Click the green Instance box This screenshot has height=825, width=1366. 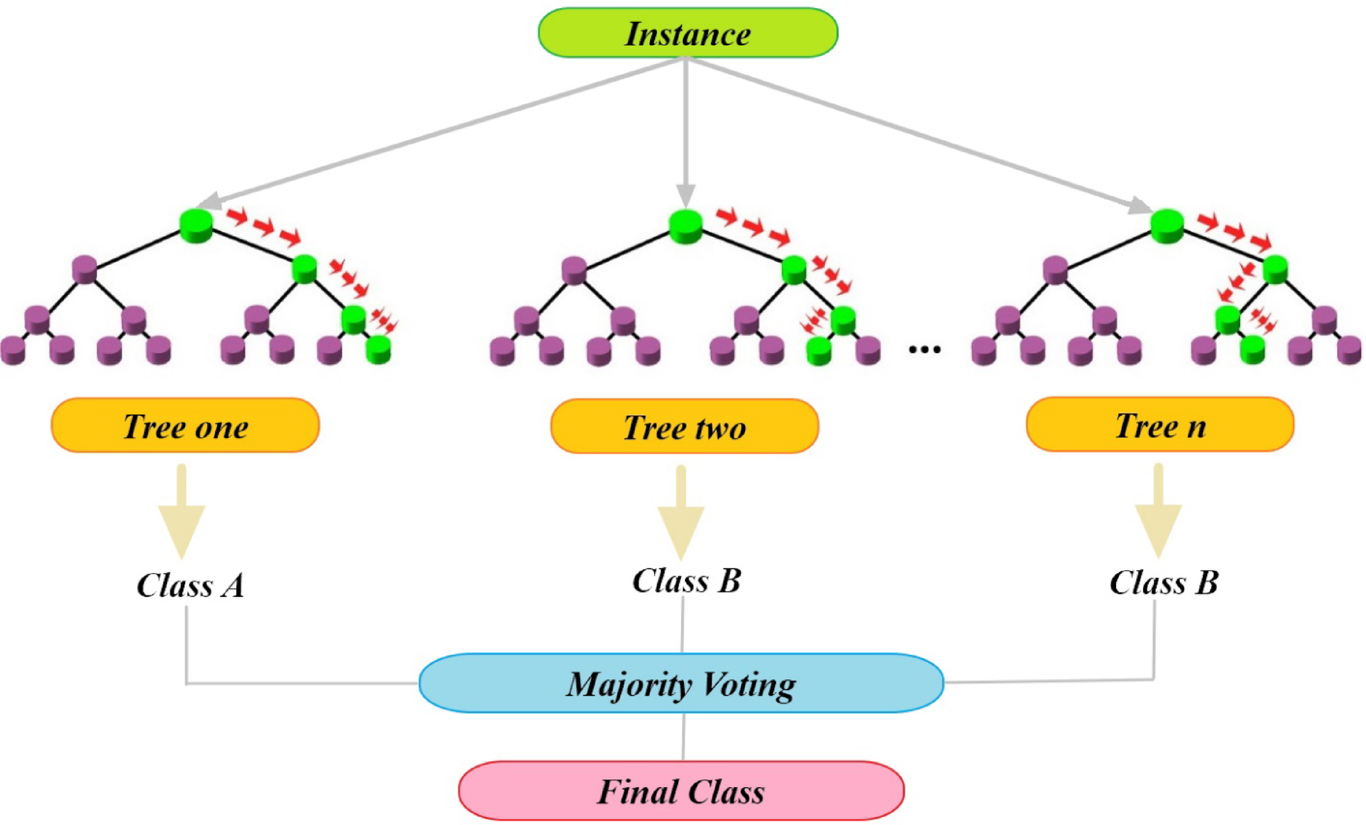[x=687, y=33]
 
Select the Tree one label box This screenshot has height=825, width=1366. [x=185, y=426]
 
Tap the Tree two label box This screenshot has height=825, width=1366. [x=684, y=427]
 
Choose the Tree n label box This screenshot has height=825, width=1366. [x=1160, y=425]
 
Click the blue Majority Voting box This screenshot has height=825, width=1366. [x=681, y=683]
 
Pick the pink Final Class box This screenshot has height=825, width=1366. [x=681, y=791]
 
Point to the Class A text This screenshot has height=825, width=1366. [x=190, y=585]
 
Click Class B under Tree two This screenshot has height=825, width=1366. [x=686, y=581]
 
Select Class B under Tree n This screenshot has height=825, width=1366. [x=1163, y=582]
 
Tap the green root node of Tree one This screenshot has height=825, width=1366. [x=196, y=225]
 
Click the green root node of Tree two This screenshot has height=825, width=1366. [x=686, y=226]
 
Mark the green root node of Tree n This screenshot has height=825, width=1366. [x=1167, y=225]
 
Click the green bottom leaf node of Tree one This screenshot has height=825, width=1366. [x=378, y=349]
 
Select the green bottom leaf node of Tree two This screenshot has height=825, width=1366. [x=818, y=351]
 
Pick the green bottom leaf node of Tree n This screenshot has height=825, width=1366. [x=1252, y=349]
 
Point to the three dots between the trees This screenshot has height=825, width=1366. [x=924, y=349]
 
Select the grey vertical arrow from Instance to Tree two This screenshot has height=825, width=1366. [x=686, y=131]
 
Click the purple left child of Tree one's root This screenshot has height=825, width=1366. [x=85, y=269]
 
